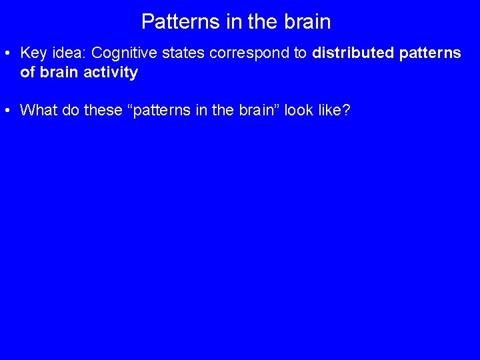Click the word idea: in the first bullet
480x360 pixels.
click(66, 53)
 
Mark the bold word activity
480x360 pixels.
click(111, 73)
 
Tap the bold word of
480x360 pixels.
click(28, 73)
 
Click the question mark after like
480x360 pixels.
click(346, 110)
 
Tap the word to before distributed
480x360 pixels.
click(300, 53)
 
